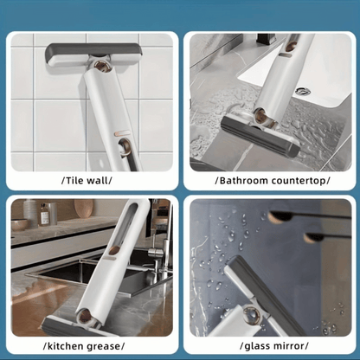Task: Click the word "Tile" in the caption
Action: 74,181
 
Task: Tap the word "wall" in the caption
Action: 98,181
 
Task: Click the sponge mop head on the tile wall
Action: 94,55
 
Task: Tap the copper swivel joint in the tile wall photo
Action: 102,66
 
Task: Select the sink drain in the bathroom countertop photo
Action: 302,92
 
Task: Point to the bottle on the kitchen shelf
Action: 44,214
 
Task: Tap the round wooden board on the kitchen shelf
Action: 84,209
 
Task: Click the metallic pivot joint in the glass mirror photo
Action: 250,314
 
